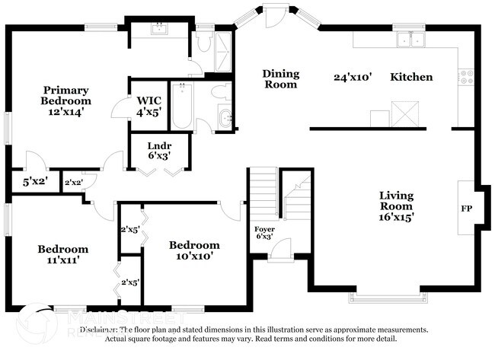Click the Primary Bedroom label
(66, 94)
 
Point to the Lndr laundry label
(158, 145)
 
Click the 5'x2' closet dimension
(34, 183)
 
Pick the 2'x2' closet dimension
(74, 183)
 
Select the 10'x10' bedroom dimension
(194, 256)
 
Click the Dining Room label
(281, 79)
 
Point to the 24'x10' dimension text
(353, 77)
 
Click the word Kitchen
(411, 77)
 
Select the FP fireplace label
(466, 206)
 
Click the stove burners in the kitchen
(466, 76)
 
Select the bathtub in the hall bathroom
(183, 106)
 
